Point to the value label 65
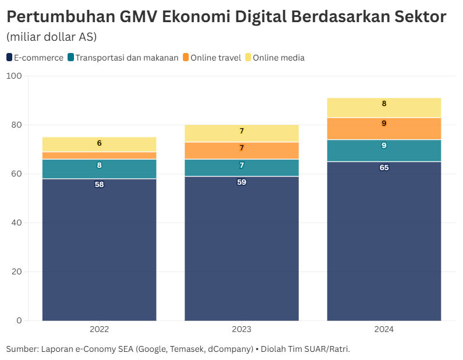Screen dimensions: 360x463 [384, 168]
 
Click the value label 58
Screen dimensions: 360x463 [99, 185]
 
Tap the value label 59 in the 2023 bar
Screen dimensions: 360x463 [242, 182]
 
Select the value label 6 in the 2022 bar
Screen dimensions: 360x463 [99, 143]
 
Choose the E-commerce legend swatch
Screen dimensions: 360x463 [9, 57]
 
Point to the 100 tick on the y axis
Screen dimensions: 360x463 [14, 76]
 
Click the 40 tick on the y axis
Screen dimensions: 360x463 [16, 223]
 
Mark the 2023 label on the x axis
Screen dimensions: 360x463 [242, 329]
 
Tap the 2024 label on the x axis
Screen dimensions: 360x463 [384, 329]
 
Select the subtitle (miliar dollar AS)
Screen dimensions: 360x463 [51, 37]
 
